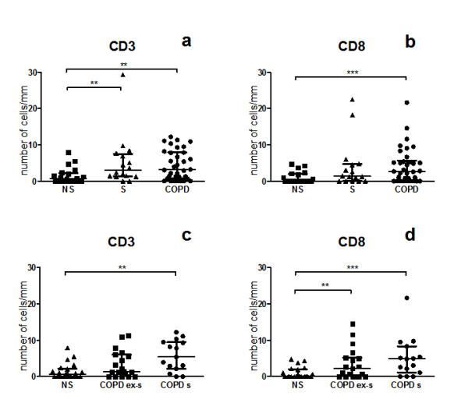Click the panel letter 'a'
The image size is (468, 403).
click(x=186, y=41)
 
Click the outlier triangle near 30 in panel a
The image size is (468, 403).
click(x=122, y=75)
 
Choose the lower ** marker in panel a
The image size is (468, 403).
click(x=94, y=83)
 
